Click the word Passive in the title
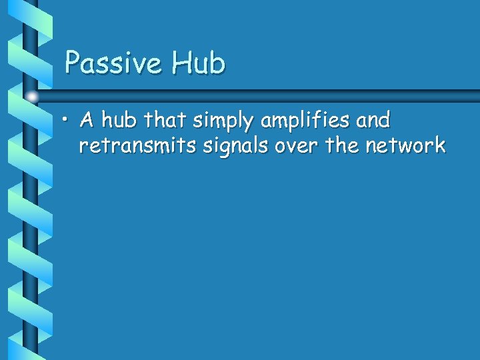[x=113, y=63]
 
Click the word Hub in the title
[x=198, y=63]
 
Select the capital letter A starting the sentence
[x=85, y=121]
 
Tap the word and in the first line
[x=373, y=121]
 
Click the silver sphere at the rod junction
[x=31, y=97]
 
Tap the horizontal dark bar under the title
[x=267, y=95]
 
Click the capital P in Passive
[x=73, y=63]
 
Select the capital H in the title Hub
[x=180, y=63]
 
